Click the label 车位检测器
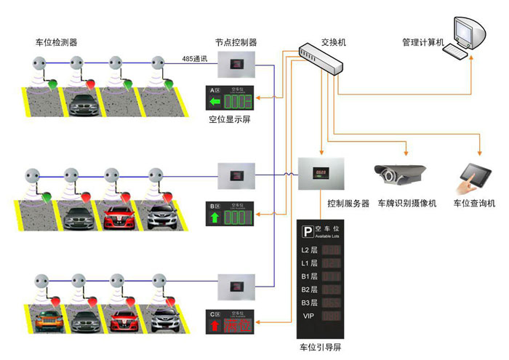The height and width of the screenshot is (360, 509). (56, 42)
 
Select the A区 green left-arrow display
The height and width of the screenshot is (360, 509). (231, 99)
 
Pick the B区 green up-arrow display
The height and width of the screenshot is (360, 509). (231, 216)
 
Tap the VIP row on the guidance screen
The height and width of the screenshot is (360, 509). (323, 316)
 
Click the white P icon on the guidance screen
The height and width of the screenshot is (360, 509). (308, 231)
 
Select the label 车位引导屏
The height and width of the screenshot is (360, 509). (320, 348)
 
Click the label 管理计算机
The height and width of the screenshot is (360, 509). (422, 42)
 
